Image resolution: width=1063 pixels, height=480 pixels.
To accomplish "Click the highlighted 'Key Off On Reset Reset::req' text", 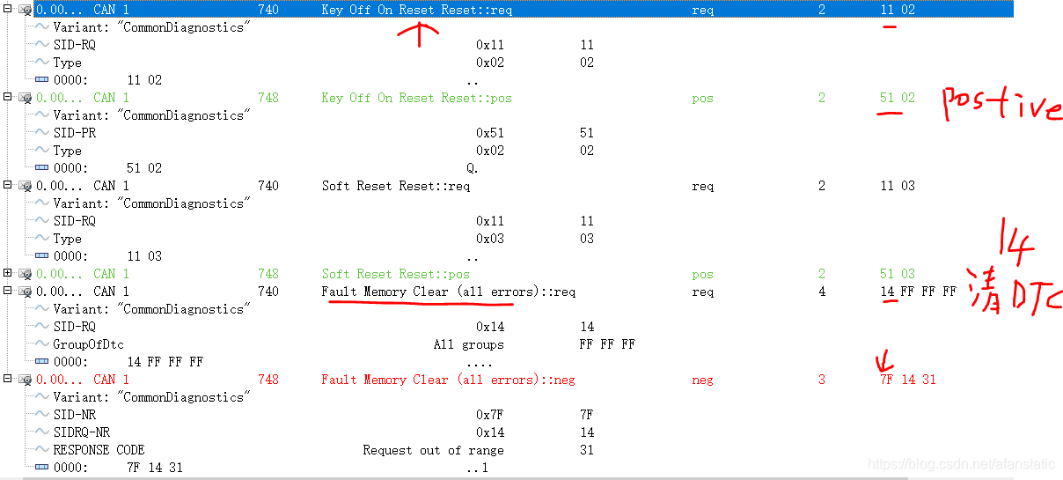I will [416, 10].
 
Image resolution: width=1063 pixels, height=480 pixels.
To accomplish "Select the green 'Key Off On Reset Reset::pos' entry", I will [416, 98].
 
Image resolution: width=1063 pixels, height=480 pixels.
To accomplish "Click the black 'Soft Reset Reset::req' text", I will [395, 186].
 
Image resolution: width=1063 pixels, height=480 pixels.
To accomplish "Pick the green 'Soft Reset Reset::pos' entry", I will [395, 274].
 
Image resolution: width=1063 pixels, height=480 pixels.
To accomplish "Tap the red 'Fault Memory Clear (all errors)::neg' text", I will [448, 380].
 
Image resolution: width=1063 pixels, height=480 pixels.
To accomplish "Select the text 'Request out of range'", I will [433, 450].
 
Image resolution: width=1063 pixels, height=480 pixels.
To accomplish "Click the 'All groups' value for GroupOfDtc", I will [468, 344].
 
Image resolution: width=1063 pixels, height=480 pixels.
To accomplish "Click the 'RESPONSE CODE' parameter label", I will [99, 450].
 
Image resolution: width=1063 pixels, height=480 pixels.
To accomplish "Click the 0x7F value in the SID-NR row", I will [490, 415].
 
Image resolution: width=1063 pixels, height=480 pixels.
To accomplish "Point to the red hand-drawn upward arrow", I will [420, 33].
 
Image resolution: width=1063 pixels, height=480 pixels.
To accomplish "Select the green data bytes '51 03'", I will [897, 274].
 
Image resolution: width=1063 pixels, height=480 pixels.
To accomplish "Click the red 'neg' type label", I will [702, 380].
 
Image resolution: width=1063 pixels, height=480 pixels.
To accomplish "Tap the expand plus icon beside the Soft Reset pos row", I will [8, 274].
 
